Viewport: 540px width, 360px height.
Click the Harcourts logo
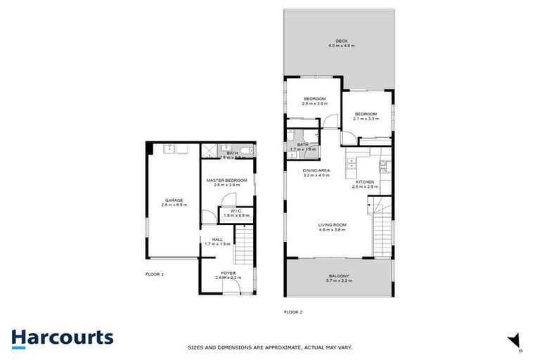point(63,337)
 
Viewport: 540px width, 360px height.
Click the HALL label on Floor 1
point(217,240)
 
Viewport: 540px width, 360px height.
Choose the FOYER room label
point(228,273)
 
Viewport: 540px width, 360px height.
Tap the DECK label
point(342,41)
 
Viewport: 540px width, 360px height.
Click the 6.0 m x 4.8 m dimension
point(342,46)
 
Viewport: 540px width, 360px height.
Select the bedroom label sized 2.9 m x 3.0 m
point(314,98)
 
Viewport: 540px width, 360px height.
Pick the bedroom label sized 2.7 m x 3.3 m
point(366,114)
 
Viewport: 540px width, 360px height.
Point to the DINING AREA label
point(316,171)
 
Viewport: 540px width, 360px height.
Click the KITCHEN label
point(364,182)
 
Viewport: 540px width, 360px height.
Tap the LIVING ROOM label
point(333,225)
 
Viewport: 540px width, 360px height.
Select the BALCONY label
point(340,276)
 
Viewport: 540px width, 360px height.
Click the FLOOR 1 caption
point(154,274)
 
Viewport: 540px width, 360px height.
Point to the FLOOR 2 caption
point(293,311)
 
